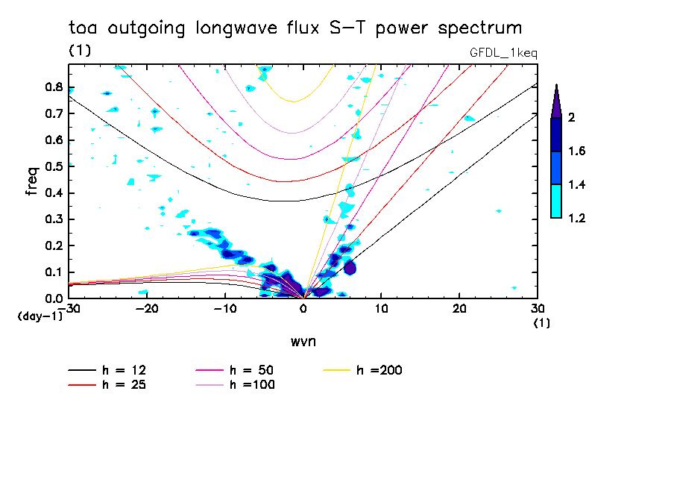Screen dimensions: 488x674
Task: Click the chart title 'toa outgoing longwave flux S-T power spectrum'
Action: (295, 28)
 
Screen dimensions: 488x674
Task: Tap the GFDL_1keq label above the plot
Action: (503, 53)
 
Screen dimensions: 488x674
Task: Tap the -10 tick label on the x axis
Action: (225, 308)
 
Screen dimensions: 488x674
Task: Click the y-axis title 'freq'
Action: (31, 181)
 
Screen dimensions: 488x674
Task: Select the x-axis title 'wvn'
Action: (303, 341)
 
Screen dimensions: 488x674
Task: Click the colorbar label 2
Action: (573, 117)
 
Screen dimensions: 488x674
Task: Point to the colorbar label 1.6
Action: (576, 151)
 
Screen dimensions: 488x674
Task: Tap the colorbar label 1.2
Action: (576, 218)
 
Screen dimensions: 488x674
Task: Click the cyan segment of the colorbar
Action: (555, 201)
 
